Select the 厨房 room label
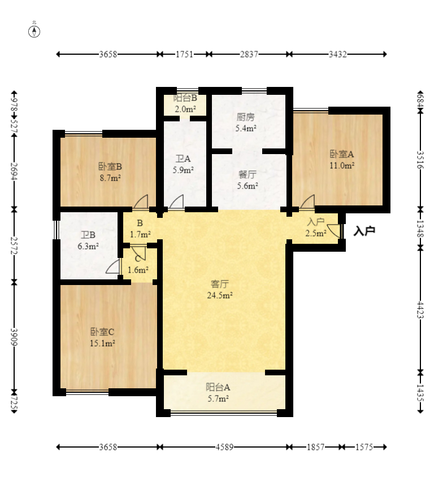pos(245,117)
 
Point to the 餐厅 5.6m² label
pos(247,180)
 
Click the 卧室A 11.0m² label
pos(342,160)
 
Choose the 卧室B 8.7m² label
pos(110,172)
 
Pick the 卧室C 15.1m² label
pos(102,337)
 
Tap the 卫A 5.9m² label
pos(183,164)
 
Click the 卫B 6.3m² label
pos(88,240)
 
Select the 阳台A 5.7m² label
pos(218,393)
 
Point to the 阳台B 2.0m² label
pos(185,103)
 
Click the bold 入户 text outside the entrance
pos(364,231)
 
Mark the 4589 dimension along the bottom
pos(224,447)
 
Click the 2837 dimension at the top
pos(249,54)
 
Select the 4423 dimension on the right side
pos(420,310)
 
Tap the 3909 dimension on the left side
pos(14,337)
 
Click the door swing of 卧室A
pos(308,201)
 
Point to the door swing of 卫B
pos(112,267)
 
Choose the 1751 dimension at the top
pos(184,54)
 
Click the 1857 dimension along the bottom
pos(315,447)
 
